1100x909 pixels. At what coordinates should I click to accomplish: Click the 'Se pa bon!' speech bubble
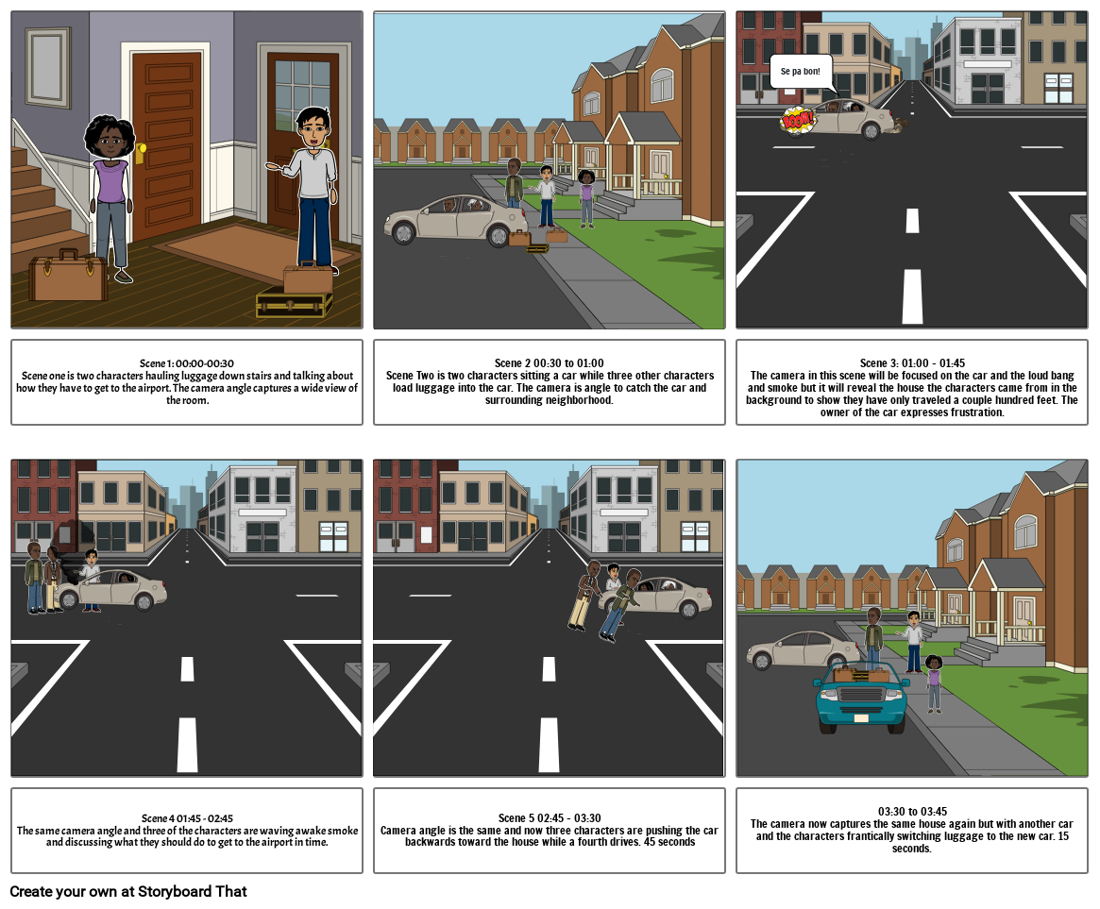tap(801, 72)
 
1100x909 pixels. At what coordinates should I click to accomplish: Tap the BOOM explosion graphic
tap(798, 121)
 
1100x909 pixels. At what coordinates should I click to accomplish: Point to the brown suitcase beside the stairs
tap(68, 276)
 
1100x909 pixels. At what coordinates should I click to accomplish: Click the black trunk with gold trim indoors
tap(294, 304)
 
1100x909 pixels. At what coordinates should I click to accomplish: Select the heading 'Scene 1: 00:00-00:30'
tap(187, 363)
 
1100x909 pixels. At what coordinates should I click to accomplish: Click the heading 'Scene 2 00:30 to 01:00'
tap(549, 363)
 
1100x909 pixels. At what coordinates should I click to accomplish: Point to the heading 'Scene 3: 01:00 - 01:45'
tap(912, 363)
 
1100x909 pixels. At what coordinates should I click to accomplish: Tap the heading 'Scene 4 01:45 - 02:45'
tap(187, 817)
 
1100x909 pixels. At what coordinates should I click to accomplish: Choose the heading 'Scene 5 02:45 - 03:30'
tap(549, 817)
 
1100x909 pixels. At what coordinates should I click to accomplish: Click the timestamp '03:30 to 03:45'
tap(912, 811)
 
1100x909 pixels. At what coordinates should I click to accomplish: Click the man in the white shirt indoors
tap(313, 189)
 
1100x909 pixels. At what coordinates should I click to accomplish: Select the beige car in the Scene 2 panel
tap(453, 220)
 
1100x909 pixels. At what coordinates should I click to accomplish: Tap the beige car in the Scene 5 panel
tap(666, 596)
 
